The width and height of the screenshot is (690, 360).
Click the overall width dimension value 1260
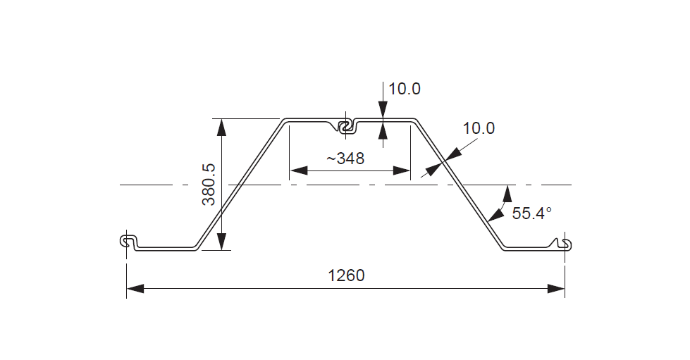click(346, 275)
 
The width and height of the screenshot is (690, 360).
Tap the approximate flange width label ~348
click(345, 159)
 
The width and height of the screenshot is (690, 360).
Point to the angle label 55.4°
click(531, 213)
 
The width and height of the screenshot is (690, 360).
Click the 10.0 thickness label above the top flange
click(404, 89)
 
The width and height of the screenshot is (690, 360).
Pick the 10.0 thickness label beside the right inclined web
click(479, 128)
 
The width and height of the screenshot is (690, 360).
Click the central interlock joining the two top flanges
click(345, 126)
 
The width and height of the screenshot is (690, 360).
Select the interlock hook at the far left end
click(128, 242)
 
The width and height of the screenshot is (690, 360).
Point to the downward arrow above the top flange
click(383, 110)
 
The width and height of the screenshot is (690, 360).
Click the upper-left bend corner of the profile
click(285, 121)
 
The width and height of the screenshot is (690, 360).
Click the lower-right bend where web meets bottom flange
click(502, 247)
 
